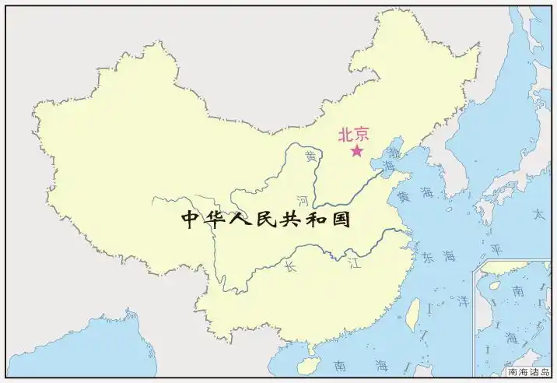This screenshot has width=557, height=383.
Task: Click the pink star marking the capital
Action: (357, 150)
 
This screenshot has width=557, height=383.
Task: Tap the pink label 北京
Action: (353, 134)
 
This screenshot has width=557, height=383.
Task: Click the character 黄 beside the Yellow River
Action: (311, 156)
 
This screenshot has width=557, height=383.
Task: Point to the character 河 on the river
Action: (303, 201)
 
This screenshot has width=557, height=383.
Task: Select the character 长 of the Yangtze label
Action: (290, 267)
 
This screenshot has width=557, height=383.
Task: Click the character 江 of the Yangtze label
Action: (355, 261)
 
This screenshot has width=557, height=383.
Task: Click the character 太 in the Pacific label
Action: (538, 213)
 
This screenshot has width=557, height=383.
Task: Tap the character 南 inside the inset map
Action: (517, 290)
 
